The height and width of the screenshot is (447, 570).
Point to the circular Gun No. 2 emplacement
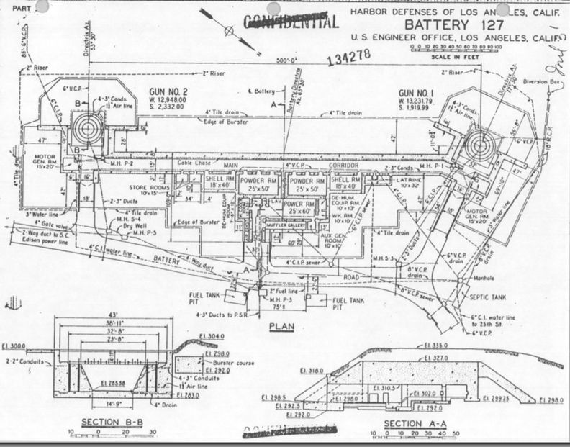coord(88,130)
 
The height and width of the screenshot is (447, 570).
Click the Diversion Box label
coord(539,81)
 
